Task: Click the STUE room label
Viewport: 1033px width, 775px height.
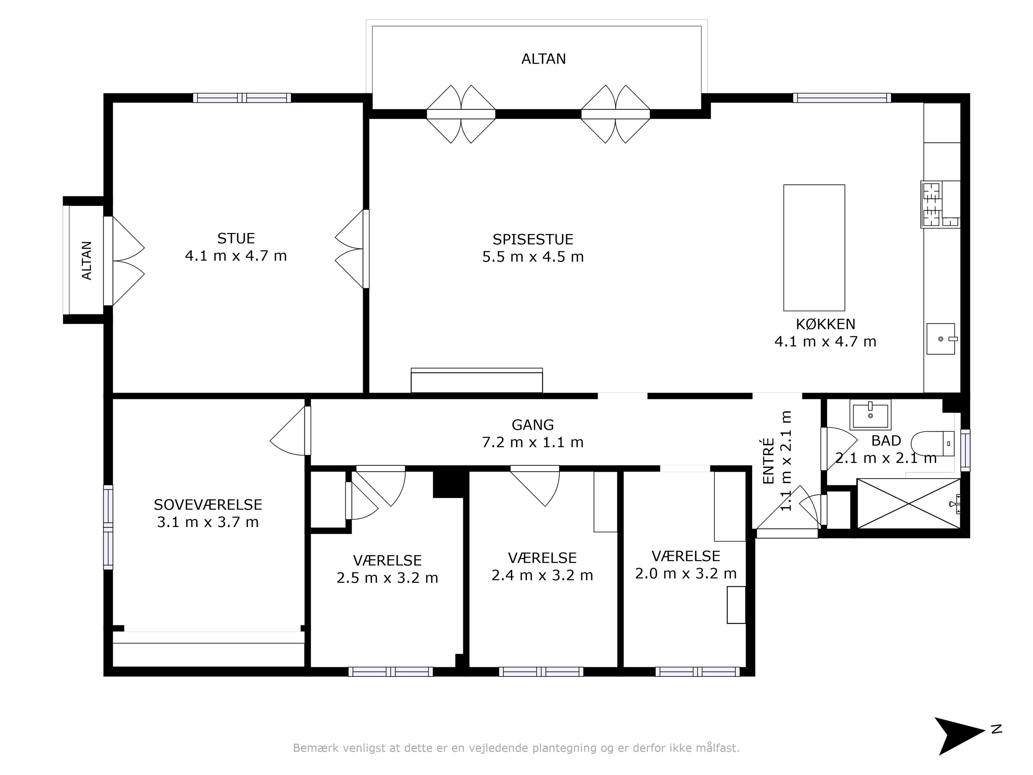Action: click(x=236, y=239)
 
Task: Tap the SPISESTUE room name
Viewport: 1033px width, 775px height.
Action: click(x=533, y=240)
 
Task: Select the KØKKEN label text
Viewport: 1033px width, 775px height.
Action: click(x=826, y=324)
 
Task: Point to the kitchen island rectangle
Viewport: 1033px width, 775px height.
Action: click(x=814, y=248)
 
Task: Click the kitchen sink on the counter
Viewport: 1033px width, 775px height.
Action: click(x=941, y=339)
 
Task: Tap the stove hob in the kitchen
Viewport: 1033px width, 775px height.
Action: click(x=940, y=204)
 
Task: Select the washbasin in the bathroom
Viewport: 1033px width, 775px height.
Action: click(x=870, y=415)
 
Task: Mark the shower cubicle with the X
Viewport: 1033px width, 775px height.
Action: click(x=909, y=504)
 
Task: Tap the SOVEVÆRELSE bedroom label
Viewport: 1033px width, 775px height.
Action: click(x=208, y=505)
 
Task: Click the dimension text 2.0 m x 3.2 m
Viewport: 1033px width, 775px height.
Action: click(x=685, y=573)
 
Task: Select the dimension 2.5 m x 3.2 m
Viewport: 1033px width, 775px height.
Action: click(x=387, y=578)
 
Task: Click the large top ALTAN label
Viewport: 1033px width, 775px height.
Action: click(x=544, y=59)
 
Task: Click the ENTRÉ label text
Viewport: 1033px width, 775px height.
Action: click(x=769, y=461)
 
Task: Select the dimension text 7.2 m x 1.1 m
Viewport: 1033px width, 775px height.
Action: click(x=533, y=442)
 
